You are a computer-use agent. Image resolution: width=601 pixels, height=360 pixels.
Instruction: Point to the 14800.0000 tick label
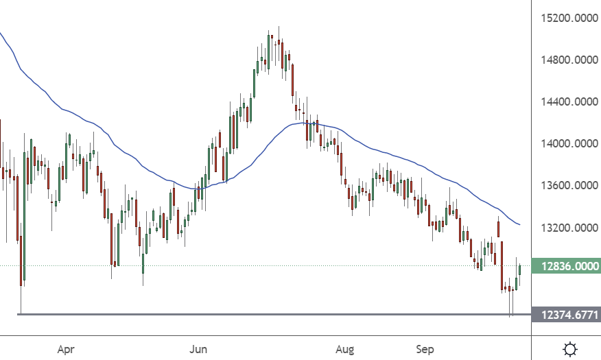pyautogui.click(x=566, y=60)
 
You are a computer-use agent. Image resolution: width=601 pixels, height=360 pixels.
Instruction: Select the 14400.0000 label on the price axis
pyautogui.click(x=566, y=102)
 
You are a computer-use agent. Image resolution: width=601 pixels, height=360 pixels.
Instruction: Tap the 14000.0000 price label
pyautogui.click(x=566, y=144)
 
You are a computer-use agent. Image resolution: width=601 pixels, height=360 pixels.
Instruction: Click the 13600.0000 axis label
pyautogui.click(x=566, y=186)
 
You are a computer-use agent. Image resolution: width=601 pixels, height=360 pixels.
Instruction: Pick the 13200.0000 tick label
pyautogui.click(x=566, y=228)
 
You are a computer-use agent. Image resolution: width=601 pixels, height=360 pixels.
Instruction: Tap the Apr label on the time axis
pyautogui.click(x=66, y=350)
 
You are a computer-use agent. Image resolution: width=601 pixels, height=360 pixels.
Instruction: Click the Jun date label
pyautogui.click(x=198, y=350)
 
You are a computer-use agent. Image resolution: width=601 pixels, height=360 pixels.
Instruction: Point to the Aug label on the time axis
pyautogui.click(x=345, y=350)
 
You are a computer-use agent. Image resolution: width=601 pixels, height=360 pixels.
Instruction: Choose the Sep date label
pyautogui.click(x=425, y=350)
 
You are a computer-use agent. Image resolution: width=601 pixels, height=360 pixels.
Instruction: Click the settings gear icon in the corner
pyautogui.click(x=569, y=349)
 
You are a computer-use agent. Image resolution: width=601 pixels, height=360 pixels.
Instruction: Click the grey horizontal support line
pyautogui.click(x=274, y=314)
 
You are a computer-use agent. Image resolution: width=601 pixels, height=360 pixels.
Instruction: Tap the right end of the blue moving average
pyautogui.click(x=519, y=224)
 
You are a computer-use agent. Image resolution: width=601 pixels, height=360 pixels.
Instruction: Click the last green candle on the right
pyautogui.click(x=520, y=269)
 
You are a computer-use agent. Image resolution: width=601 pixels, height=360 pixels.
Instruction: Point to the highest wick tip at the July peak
pyautogui.click(x=279, y=27)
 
